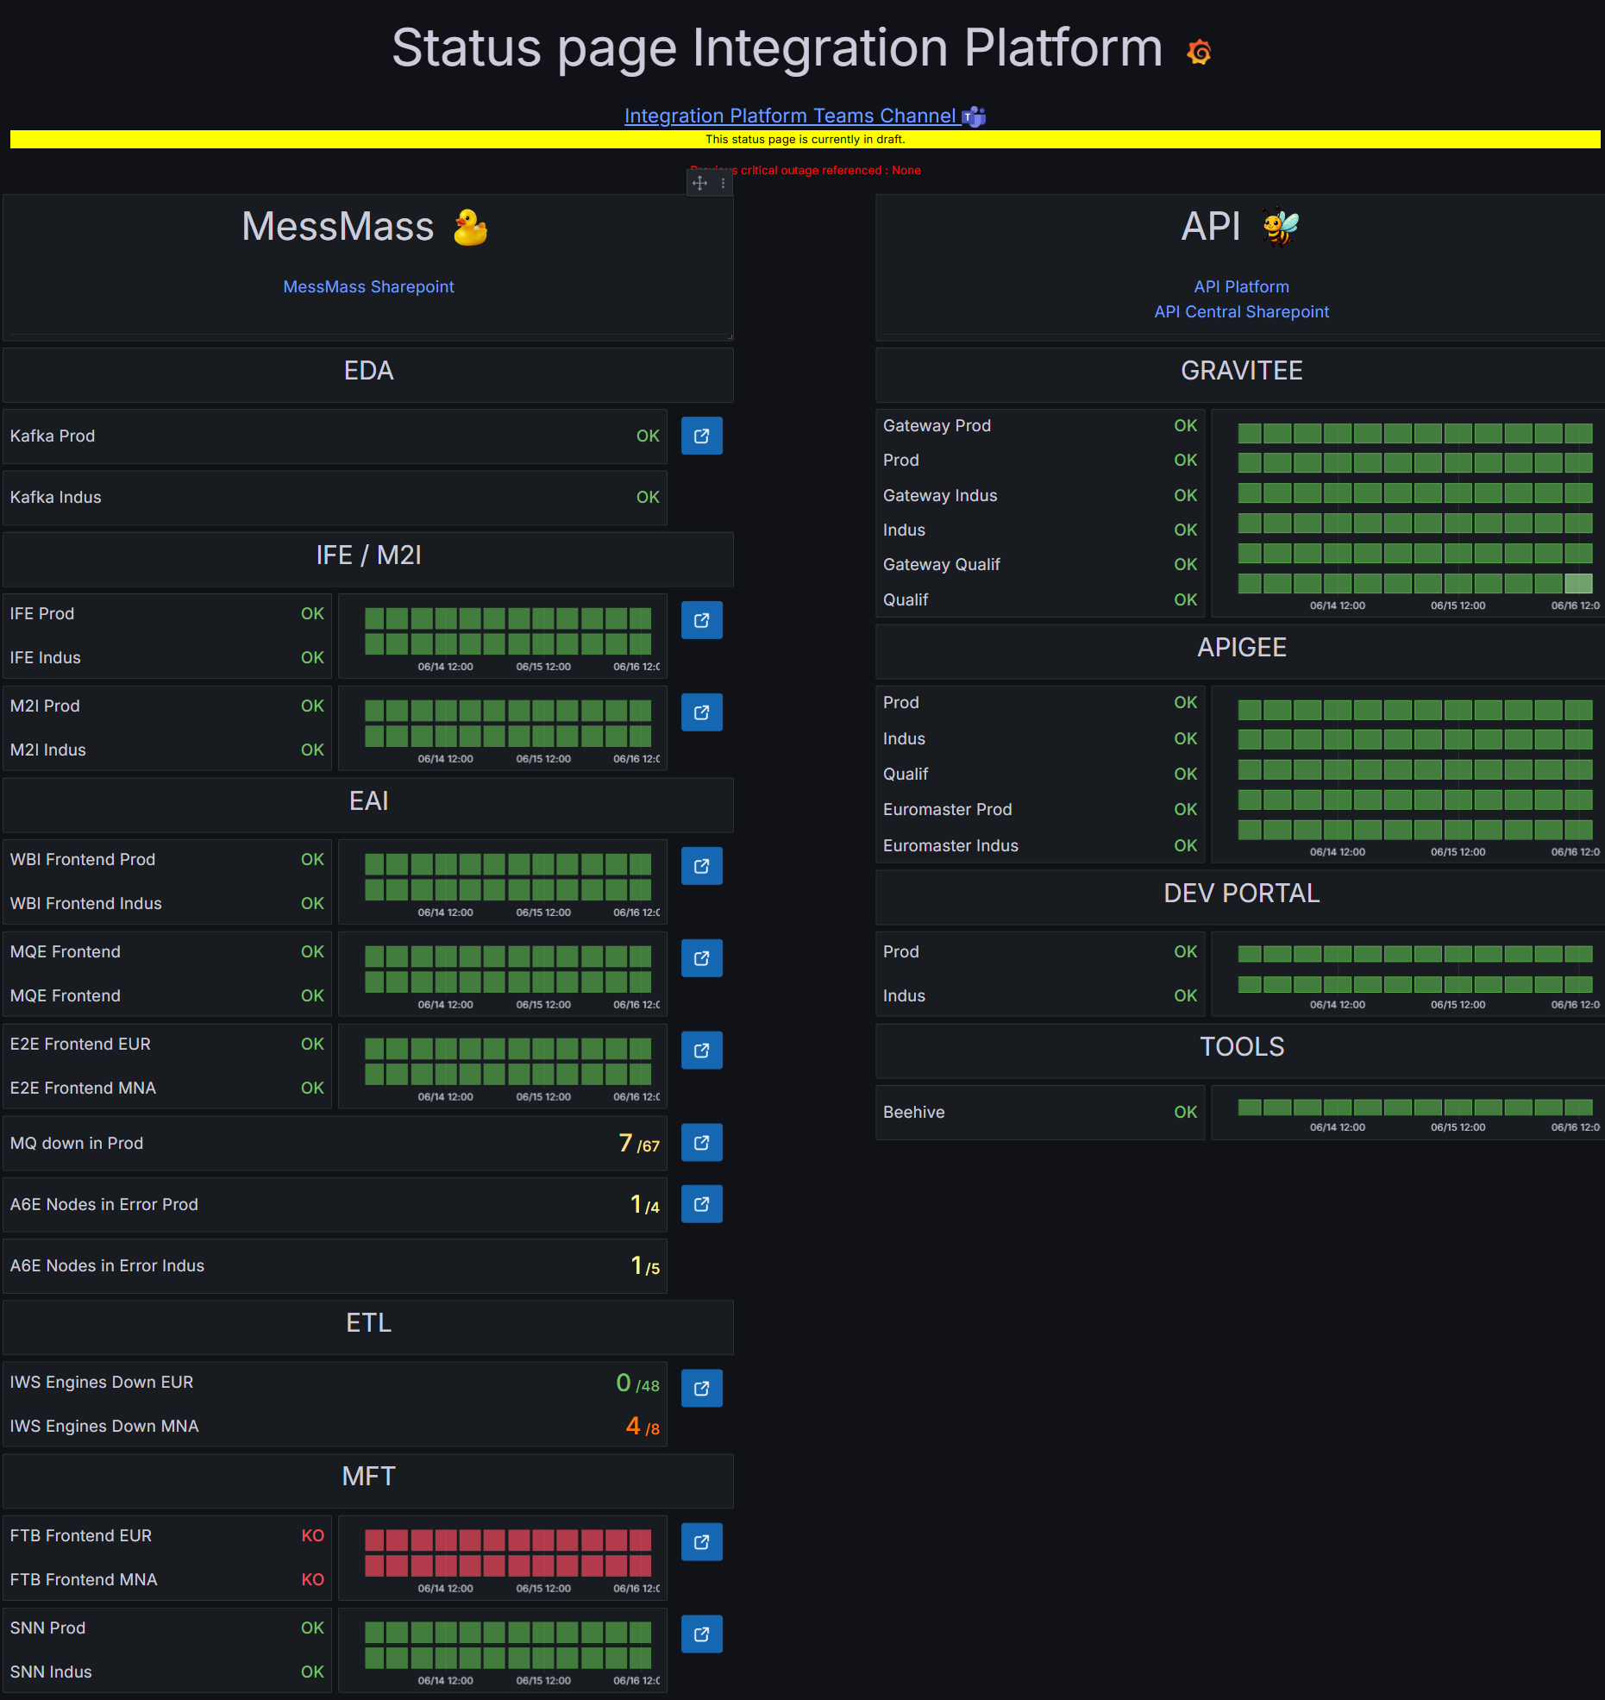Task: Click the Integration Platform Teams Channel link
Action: (790, 116)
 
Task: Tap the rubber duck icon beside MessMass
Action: (471, 228)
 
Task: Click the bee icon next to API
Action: (1281, 227)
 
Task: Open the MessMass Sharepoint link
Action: (368, 286)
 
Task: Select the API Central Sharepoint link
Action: (1241, 311)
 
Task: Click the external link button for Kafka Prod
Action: (701, 436)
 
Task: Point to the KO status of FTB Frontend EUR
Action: (312, 1535)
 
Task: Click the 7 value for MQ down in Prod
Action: (626, 1143)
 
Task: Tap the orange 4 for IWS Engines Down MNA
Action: (633, 1426)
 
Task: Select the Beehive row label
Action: (913, 1112)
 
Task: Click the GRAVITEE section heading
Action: (1241, 371)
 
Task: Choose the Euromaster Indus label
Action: (950, 845)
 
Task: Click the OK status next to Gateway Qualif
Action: (1185, 564)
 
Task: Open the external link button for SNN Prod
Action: (701, 1634)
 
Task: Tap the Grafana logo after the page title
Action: (1199, 52)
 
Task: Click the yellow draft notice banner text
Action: (805, 139)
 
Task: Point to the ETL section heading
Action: (368, 1322)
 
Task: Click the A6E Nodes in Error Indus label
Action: (107, 1265)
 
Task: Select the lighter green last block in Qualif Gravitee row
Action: (1578, 584)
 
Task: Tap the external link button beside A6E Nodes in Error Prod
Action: (701, 1204)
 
